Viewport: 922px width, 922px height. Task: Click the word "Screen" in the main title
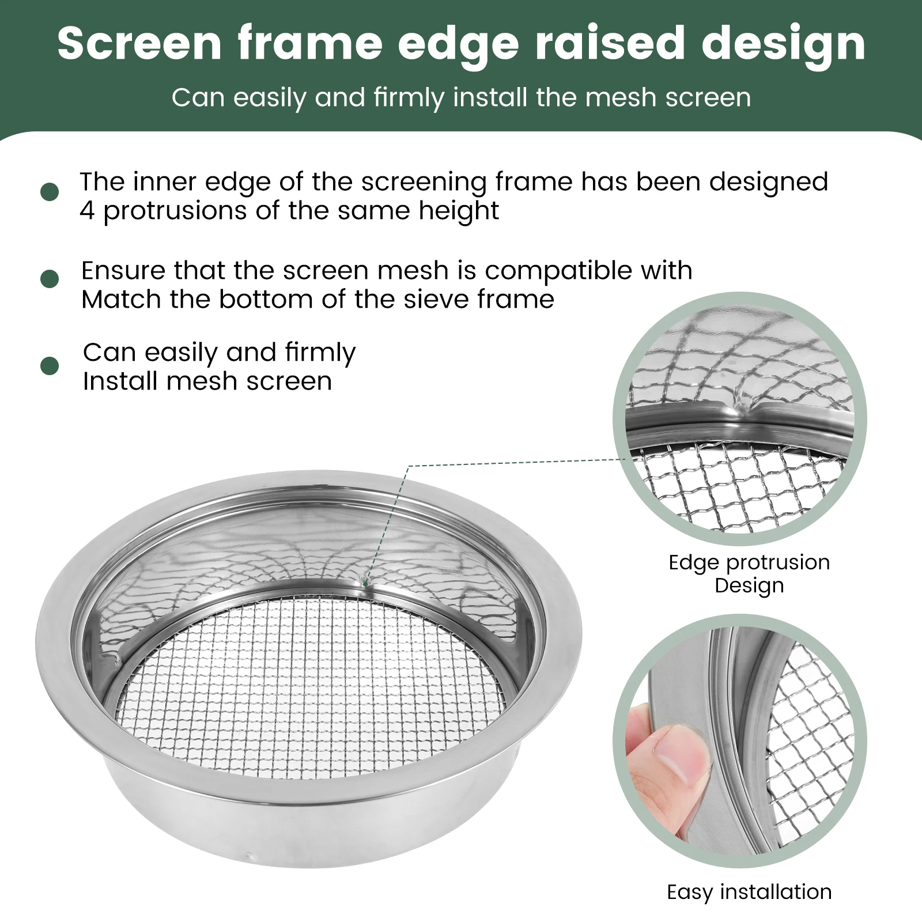[x=139, y=43]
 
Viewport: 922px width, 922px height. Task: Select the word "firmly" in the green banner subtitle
[x=409, y=98]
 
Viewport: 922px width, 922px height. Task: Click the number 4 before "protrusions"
[x=87, y=211]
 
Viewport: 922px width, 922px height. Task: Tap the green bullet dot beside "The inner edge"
[x=50, y=192]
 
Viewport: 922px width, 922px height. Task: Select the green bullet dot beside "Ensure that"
[x=50, y=279]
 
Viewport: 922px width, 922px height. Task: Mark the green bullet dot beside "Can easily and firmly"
[x=50, y=366]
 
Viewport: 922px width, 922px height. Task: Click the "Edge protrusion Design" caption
[x=749, y=573]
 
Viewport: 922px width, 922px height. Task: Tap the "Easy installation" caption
[x=749, y=892]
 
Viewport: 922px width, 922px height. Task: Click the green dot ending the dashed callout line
[x=365, y=584]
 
